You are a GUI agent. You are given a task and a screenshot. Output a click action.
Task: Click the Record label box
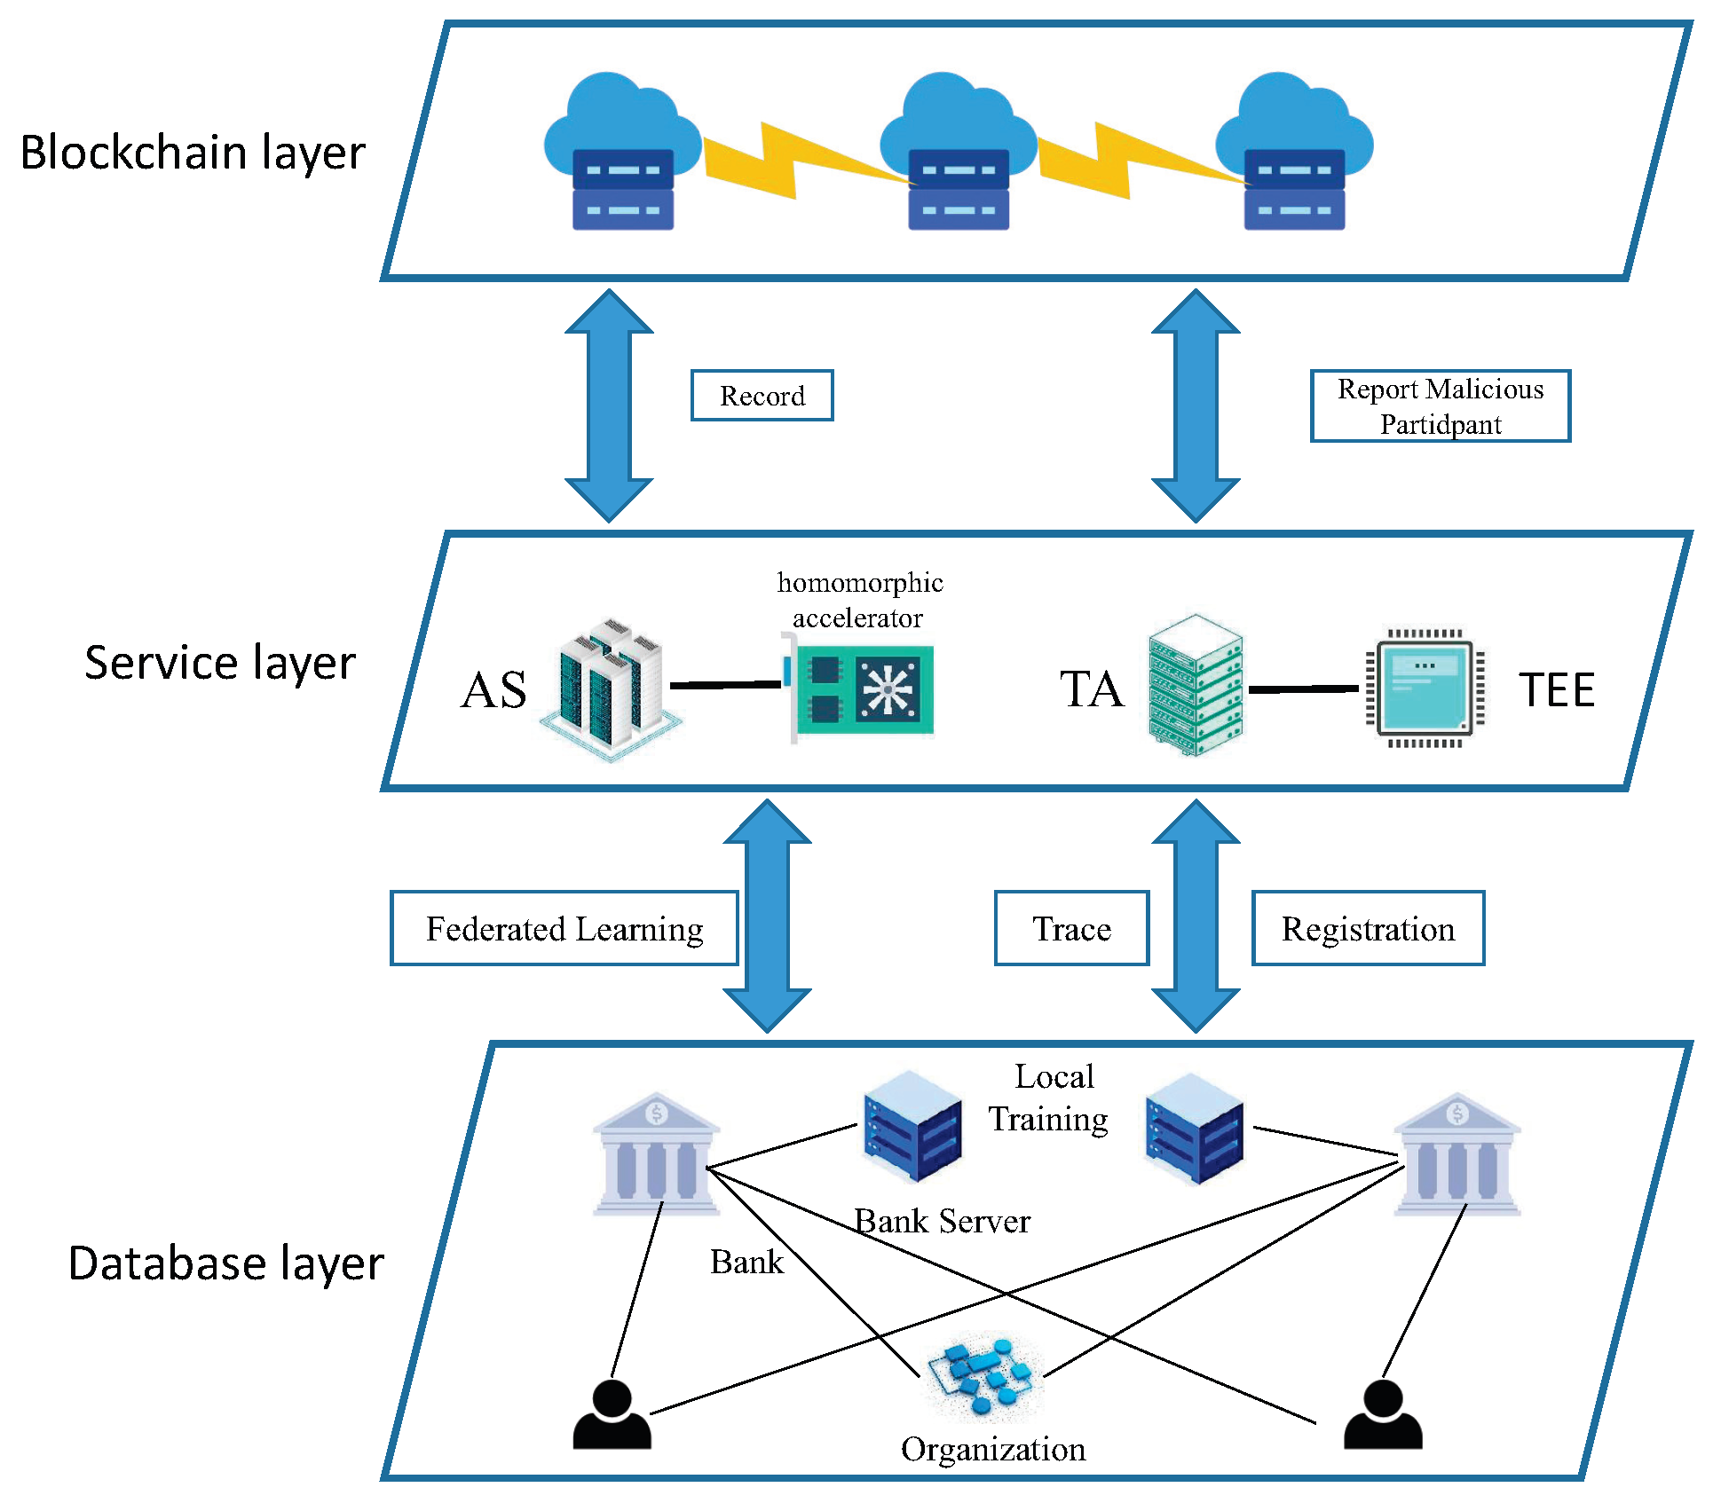(762, 396)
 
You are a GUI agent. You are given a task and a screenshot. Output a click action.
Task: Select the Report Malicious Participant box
(1440, 406)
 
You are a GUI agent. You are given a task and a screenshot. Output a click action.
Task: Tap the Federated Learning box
(564, 928)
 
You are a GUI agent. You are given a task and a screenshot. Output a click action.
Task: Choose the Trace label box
(1071, 928)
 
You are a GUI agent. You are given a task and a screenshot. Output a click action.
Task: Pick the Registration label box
(1368, 928)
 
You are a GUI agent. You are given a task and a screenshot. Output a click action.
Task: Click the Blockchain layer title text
(193, 153)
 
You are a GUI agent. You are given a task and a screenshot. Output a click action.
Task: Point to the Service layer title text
(220, 663)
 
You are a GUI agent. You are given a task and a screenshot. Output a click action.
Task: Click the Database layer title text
(225, 1263)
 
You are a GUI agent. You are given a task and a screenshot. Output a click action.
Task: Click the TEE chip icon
(1425, 689)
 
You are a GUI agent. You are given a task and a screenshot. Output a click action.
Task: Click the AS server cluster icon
(611, 689)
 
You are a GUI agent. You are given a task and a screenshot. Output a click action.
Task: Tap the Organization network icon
(982, 1376)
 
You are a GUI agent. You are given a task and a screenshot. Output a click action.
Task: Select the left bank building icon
(656, 1153)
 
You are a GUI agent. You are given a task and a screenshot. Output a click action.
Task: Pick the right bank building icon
(1456, 1153)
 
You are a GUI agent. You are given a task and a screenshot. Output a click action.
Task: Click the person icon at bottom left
(612, 1415)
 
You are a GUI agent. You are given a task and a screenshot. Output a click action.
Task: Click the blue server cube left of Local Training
(912, 1126)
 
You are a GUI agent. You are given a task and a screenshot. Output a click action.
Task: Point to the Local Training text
(1050, 1098)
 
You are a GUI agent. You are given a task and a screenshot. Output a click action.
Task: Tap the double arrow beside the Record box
(609, 406)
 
